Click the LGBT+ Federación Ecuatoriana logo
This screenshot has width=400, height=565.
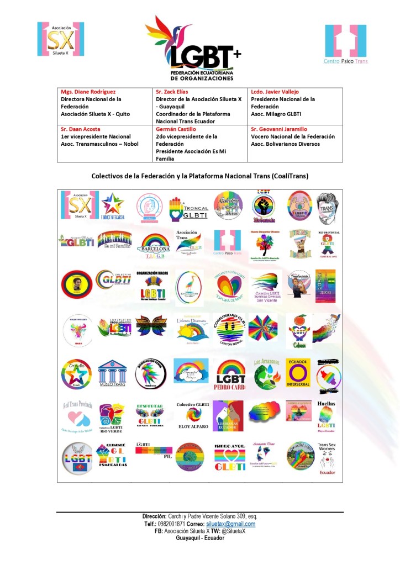point(193,49)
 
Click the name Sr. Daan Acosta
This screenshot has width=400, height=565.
point(81,129)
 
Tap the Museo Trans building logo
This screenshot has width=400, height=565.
point(113,375)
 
